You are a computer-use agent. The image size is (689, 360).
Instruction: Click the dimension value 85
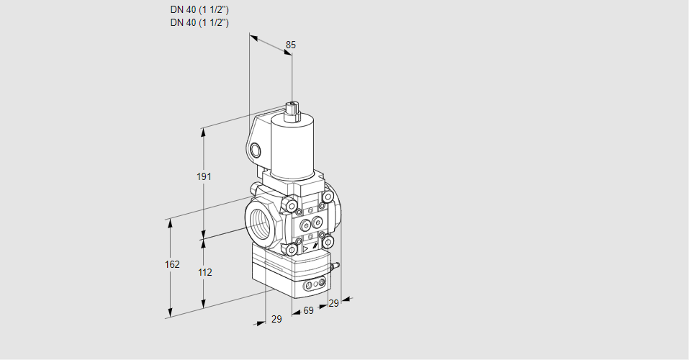(290, 45)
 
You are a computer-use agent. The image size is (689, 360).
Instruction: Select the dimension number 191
(204, 177)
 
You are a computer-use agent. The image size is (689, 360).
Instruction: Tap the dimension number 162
(171, 264)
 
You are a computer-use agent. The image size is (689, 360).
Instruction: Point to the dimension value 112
(204, 272)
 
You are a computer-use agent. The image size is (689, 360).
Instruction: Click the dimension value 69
(308, 310)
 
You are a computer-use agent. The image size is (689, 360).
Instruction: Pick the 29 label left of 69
(276, 319)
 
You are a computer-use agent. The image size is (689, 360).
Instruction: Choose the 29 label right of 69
(333, 303)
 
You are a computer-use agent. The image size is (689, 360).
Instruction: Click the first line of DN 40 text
(199, 9)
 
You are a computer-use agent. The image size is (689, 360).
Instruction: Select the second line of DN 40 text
(199, 22)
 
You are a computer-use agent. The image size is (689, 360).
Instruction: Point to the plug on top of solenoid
(292, 109)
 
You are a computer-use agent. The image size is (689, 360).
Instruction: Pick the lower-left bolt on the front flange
(292, 249)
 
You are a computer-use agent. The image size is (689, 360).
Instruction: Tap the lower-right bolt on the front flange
(328, 242)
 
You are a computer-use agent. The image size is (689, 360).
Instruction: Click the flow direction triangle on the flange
(305, 247)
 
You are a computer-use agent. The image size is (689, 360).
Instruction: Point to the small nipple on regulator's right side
(335, 267)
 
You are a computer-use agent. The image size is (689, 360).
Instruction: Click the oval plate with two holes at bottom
(312, 286)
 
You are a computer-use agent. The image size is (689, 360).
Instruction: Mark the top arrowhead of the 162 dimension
(171, 222)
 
